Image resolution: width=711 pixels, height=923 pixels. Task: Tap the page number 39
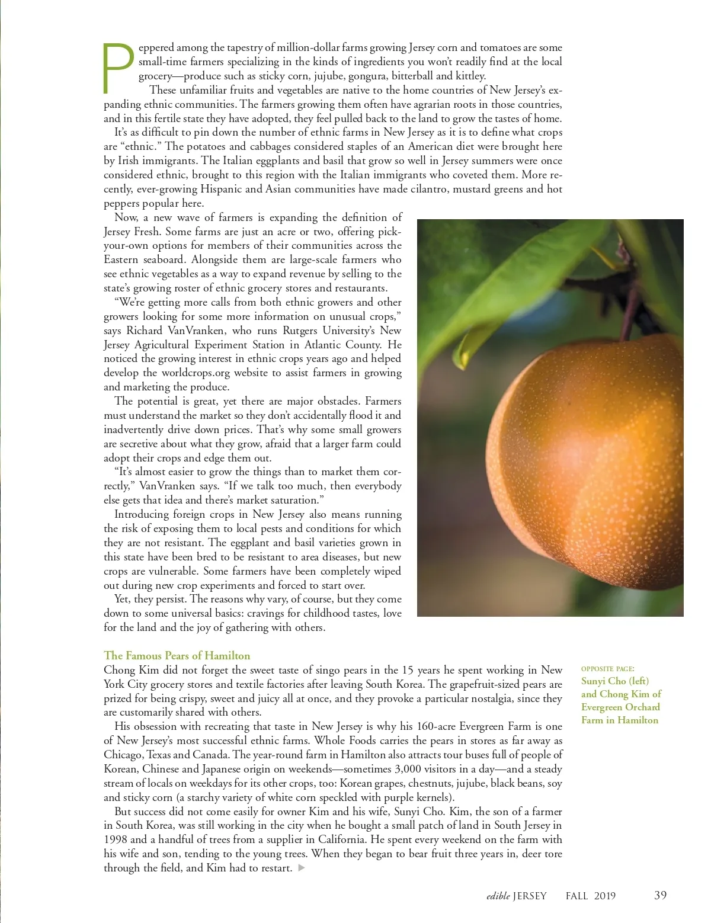click(660, 895)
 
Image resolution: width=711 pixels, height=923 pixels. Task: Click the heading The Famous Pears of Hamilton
click(177, 655)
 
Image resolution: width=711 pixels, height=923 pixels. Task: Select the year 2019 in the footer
click(604, 896)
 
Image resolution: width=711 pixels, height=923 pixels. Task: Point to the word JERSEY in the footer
click(530, 896)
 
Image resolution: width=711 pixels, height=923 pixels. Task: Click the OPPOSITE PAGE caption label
click(607, 669)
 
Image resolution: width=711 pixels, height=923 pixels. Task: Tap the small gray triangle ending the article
click(301, 868)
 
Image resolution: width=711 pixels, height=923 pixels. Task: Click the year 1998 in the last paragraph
click(116, 839)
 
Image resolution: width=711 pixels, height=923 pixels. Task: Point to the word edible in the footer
click(498, 896)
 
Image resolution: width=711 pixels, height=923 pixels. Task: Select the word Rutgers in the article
click(299, 331)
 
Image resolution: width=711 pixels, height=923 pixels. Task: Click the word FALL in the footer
click(577, 896)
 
